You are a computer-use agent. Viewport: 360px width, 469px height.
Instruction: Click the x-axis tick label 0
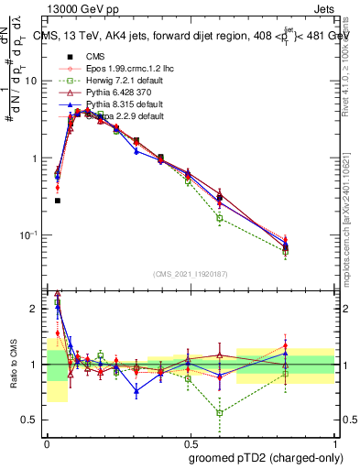coord(46,442)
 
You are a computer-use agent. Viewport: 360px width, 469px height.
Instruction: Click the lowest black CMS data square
coord(57,200)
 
